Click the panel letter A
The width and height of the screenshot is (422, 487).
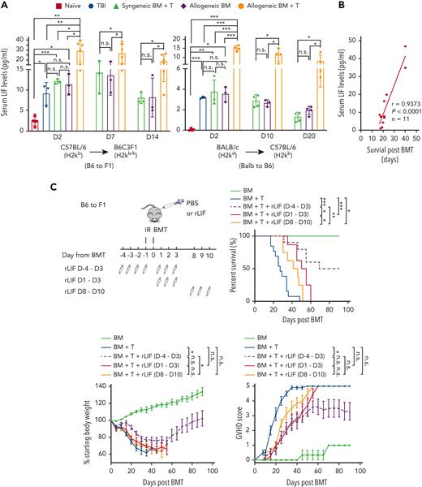pos(6,6)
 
